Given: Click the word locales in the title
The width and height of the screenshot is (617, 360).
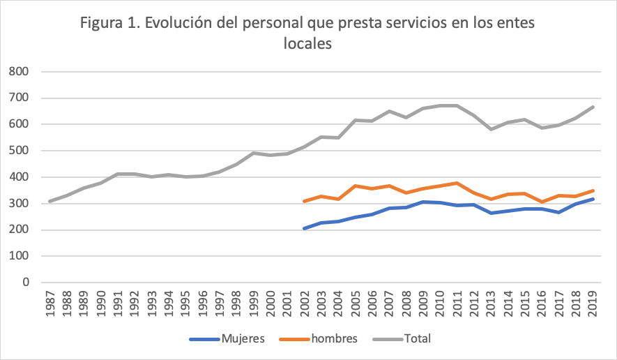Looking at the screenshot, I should tap(307, 43).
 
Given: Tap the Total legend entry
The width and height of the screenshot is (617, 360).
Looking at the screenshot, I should tap(417, 339).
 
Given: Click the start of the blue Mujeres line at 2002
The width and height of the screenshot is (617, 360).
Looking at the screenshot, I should tap(304, 228).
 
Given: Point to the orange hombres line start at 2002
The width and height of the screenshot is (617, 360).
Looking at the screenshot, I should tap(304, 201).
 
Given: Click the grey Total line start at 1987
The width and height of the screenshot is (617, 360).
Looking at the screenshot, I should tap(49, 201).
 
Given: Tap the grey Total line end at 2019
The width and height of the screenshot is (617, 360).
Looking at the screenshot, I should tap(593, 107).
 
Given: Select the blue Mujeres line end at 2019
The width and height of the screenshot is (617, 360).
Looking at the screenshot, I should tap(593, 199).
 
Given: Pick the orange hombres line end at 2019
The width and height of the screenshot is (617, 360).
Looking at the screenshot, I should tap(593, 190).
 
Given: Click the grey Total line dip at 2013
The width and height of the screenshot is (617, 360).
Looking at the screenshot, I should tap(491, 129).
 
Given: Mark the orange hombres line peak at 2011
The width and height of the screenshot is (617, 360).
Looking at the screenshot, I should tap(457, 183).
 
